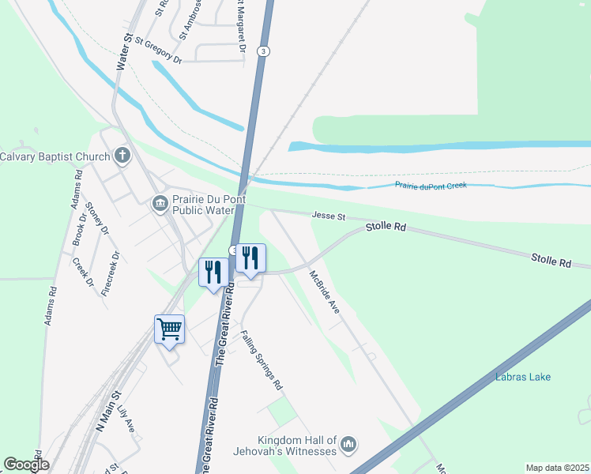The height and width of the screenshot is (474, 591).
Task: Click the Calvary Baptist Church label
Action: [x=55, y=156]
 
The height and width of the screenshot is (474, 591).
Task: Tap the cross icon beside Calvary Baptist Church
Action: [x=122, y=156]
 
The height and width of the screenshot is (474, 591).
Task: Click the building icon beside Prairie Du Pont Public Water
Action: [x=160, y=204]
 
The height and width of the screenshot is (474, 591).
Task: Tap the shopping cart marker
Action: [x=170, y=328]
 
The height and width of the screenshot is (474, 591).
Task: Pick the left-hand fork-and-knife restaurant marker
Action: [x=213, y=273]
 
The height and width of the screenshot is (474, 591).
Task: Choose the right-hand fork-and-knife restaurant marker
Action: [x=250, y=258]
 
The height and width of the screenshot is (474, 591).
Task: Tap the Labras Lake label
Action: [x=523, y=377]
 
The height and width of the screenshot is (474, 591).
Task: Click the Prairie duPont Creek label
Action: [x=431, y=185]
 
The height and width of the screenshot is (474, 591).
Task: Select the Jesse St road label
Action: [x=329, y=216]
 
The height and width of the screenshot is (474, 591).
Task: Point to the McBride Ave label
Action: [x=324, y=292]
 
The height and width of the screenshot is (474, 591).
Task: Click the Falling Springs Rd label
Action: [x=262, y=361]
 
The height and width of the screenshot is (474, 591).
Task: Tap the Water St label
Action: [x=123, y=53]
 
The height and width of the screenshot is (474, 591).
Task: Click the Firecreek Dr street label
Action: [x=111, y=273]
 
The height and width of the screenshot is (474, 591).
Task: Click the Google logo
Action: [x=26, y=465]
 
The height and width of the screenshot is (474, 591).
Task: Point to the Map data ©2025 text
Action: [x=556, y=468]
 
